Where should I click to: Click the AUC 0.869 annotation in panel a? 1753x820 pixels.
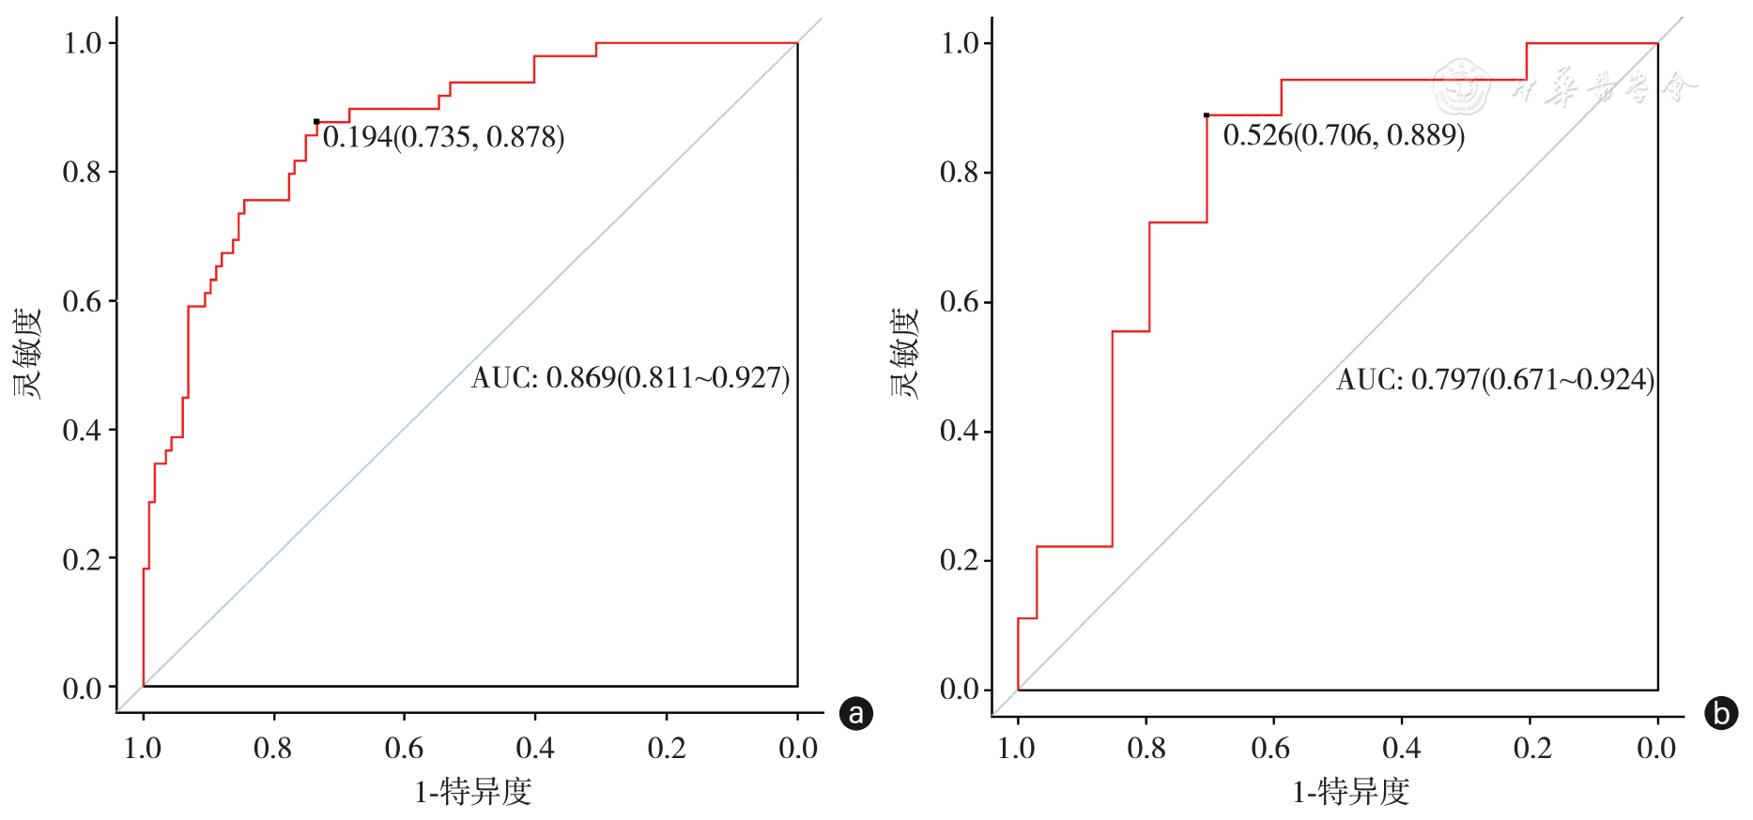630,378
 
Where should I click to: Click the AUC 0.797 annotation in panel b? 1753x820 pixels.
1495,380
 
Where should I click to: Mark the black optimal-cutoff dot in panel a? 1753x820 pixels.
316,121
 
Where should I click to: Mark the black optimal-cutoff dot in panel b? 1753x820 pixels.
1207,115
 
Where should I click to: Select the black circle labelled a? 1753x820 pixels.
855,714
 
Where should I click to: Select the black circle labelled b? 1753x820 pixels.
1721,714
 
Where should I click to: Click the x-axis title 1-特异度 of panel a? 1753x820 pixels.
473,793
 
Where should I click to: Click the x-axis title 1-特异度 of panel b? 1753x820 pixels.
1350,793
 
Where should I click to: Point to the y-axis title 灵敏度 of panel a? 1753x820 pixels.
28,354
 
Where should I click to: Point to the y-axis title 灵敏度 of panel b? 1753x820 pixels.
904,354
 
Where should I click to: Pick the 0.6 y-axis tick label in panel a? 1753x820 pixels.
82,301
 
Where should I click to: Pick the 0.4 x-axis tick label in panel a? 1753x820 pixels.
535,749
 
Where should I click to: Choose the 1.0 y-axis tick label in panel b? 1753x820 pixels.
960,43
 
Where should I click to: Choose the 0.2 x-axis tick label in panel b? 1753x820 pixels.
1532,749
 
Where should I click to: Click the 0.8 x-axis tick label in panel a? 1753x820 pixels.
273,749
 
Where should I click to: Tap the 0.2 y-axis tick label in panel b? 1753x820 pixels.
960,560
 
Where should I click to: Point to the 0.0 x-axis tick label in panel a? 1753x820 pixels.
798,749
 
